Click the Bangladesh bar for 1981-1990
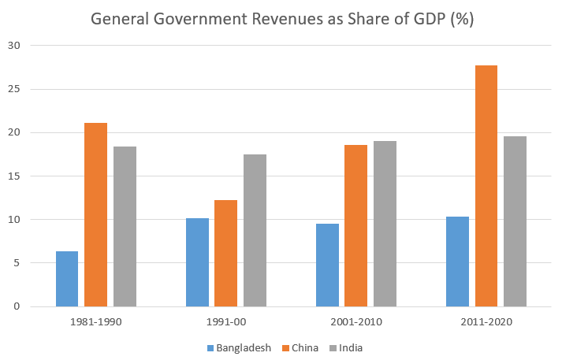click(x=67, y=279)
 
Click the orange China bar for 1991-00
click(x=225, y=253)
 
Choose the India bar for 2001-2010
click(x=385, y=224)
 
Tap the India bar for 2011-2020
click(x=515, y=221)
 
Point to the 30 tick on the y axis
click(x=14, y=46)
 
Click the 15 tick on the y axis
click(x=14, y=176)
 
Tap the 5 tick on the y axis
click(x=17, y=263)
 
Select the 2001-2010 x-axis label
click(x=355, y=321)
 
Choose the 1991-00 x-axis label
click(x=226, y=321)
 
